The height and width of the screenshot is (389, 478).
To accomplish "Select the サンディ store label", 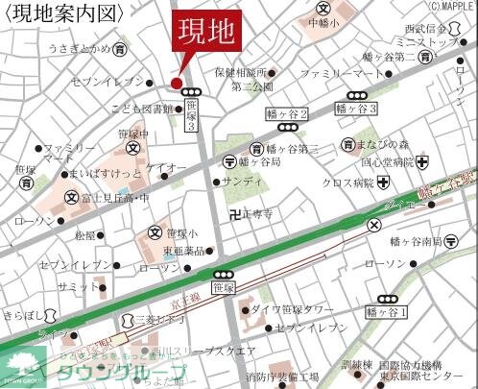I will click(x=241, y=182).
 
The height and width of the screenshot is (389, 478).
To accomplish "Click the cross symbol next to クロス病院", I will click(x=383, y=182).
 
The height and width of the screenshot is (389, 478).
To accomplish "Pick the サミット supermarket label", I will click(x=69, y=286).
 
